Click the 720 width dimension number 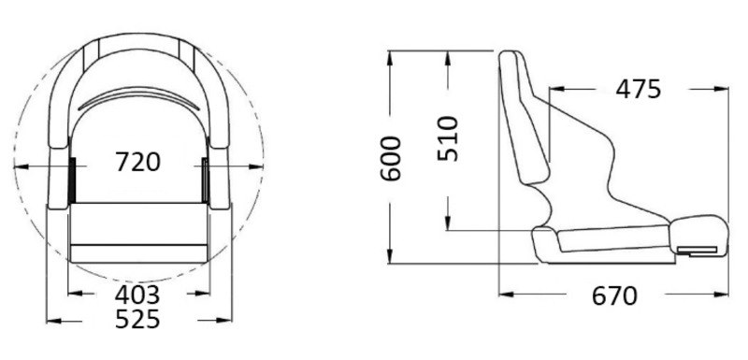coord(138,162)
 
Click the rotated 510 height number coord(450,138)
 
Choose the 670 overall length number coord(614,296)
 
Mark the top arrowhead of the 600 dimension coord(392,54)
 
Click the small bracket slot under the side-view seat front coord(698,250)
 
